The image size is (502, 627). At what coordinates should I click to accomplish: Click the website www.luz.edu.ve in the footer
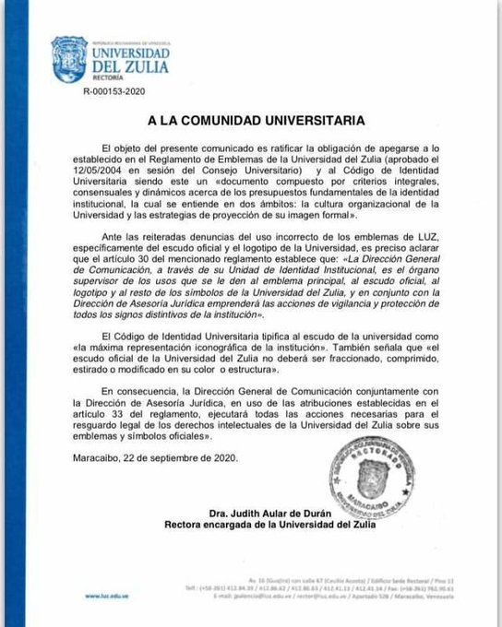pyautogui.click(x=105, y=597)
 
